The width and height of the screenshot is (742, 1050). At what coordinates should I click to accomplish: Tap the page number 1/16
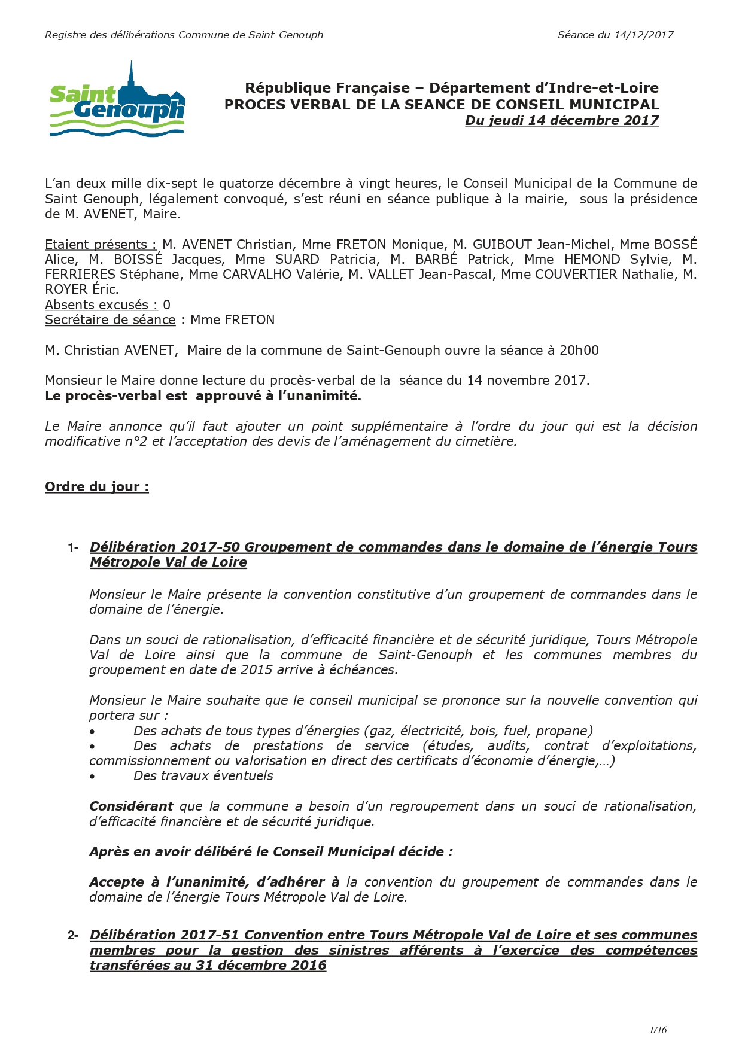coord(658,1030)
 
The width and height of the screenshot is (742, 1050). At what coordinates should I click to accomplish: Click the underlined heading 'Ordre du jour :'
coord(97,487)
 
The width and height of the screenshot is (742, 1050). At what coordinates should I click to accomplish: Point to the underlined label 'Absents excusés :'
coord(101,305)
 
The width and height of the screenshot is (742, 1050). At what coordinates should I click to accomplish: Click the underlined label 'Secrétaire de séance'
coord(110,320)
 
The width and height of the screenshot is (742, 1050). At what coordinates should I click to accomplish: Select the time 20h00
coord(579,351)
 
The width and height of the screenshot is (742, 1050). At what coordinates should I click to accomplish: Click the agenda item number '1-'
coord(73,547)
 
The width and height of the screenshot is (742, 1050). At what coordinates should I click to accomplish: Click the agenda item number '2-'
coord(73,935)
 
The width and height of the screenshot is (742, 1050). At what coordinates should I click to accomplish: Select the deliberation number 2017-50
coord(211,547)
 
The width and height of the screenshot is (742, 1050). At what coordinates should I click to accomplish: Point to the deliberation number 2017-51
coord(211,935)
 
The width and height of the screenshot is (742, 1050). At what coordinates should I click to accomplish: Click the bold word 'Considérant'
coord(131,806)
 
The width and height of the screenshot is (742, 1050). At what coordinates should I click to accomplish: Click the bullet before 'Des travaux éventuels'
coord(92,777)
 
